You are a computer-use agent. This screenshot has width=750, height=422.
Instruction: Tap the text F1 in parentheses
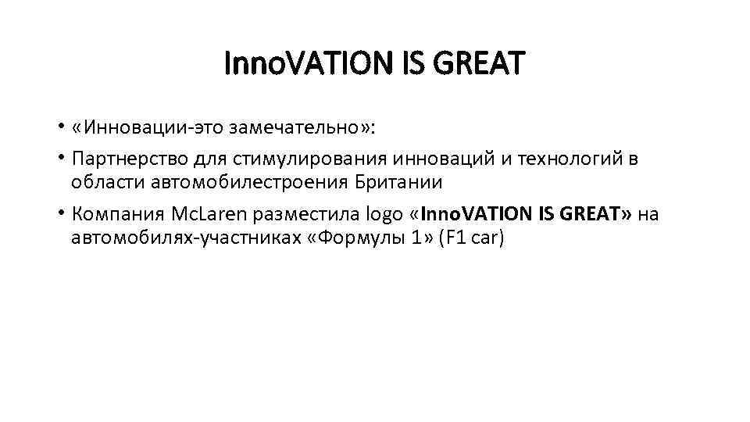(455, 238)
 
